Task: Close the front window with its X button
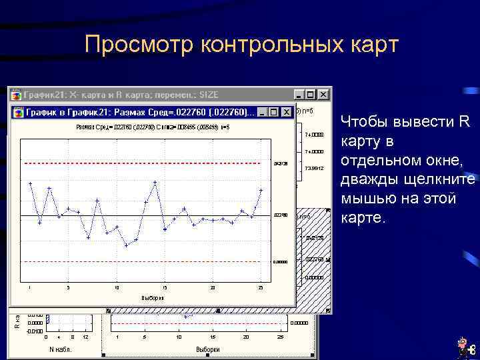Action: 287,112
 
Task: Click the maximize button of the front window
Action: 275,112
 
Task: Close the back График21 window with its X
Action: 323,95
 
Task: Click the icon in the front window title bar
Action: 17,112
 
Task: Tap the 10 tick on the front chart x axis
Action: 117,288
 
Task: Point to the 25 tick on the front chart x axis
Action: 261,288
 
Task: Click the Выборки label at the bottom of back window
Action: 207,349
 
